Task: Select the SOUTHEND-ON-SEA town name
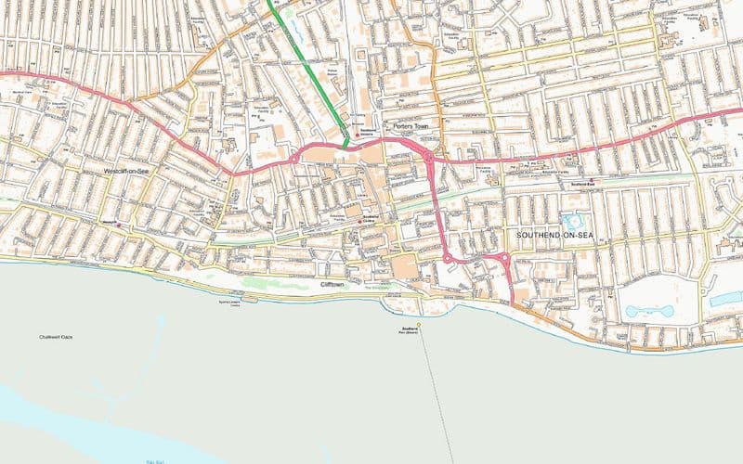point(554,236)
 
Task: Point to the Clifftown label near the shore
point(333,284)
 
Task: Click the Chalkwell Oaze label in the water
point(56,336)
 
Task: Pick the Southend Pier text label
point(410,331)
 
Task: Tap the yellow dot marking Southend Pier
point(419,324)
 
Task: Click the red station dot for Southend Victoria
point(358,136)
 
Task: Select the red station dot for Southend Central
point(360,222)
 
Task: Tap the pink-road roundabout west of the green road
point(296,159)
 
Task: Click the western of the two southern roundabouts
point(447,257)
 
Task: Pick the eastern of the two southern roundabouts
point(504,260)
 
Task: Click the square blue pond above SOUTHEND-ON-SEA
point(570,223)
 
